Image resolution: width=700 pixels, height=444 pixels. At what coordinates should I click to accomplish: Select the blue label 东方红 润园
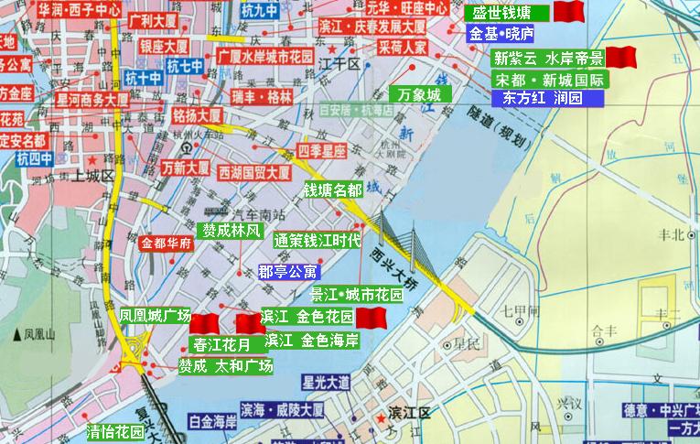pos(542,98)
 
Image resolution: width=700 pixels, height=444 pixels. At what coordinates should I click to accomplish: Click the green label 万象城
pos(420,93)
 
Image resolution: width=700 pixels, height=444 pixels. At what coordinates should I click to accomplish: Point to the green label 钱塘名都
pos(333,190)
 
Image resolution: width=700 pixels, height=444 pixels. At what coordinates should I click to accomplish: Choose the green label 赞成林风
pos(232,230)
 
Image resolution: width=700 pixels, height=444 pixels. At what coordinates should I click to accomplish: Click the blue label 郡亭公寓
pos(287,271)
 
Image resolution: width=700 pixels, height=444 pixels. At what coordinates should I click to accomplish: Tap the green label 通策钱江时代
pos(317,241)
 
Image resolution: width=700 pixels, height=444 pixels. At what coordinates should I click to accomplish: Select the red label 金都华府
pos(166,244)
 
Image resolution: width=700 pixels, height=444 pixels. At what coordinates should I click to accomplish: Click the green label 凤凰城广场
pos(155,315)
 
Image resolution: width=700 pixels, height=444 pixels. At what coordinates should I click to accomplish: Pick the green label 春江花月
pos(221,345)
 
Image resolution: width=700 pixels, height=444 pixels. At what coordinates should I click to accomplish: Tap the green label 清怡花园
pos(115,431)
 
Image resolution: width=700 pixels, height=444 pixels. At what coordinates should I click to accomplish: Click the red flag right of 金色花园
pos(371,317)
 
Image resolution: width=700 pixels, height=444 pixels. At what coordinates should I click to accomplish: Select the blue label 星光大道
pos(327,381)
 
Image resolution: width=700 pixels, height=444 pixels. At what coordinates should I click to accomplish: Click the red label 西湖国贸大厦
pos(253,170)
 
